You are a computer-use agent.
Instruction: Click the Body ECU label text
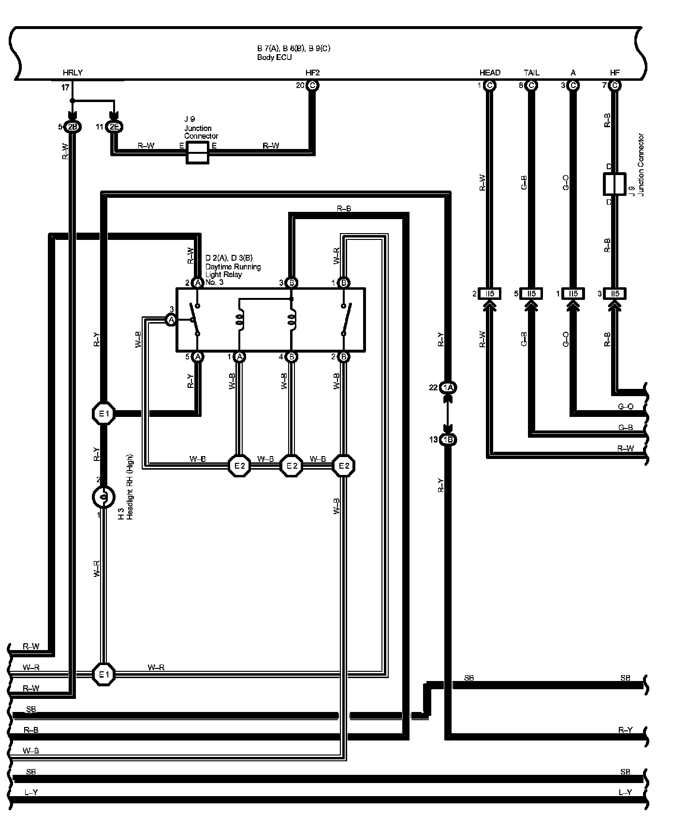(274, 57)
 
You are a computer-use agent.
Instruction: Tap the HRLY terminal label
(73, 73)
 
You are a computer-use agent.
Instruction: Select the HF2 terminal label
(312, 73)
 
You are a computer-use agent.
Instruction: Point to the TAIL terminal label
(531, 73)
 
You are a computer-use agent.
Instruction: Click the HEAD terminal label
(490, 73)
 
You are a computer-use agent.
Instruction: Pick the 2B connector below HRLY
(73, 127)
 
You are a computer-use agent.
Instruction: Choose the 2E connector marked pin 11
(114, 127)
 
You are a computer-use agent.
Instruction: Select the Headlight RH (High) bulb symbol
(103, 496)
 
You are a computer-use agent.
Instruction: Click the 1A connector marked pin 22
(448, 388)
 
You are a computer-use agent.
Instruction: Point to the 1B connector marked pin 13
(448, 440)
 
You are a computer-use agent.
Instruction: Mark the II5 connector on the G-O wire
(573, 294)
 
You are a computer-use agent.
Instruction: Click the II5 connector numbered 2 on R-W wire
(490, 294)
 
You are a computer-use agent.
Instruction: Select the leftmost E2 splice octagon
(240, 466)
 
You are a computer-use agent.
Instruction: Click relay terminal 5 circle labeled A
(197, 357)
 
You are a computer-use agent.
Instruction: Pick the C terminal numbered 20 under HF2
(312, 86)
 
